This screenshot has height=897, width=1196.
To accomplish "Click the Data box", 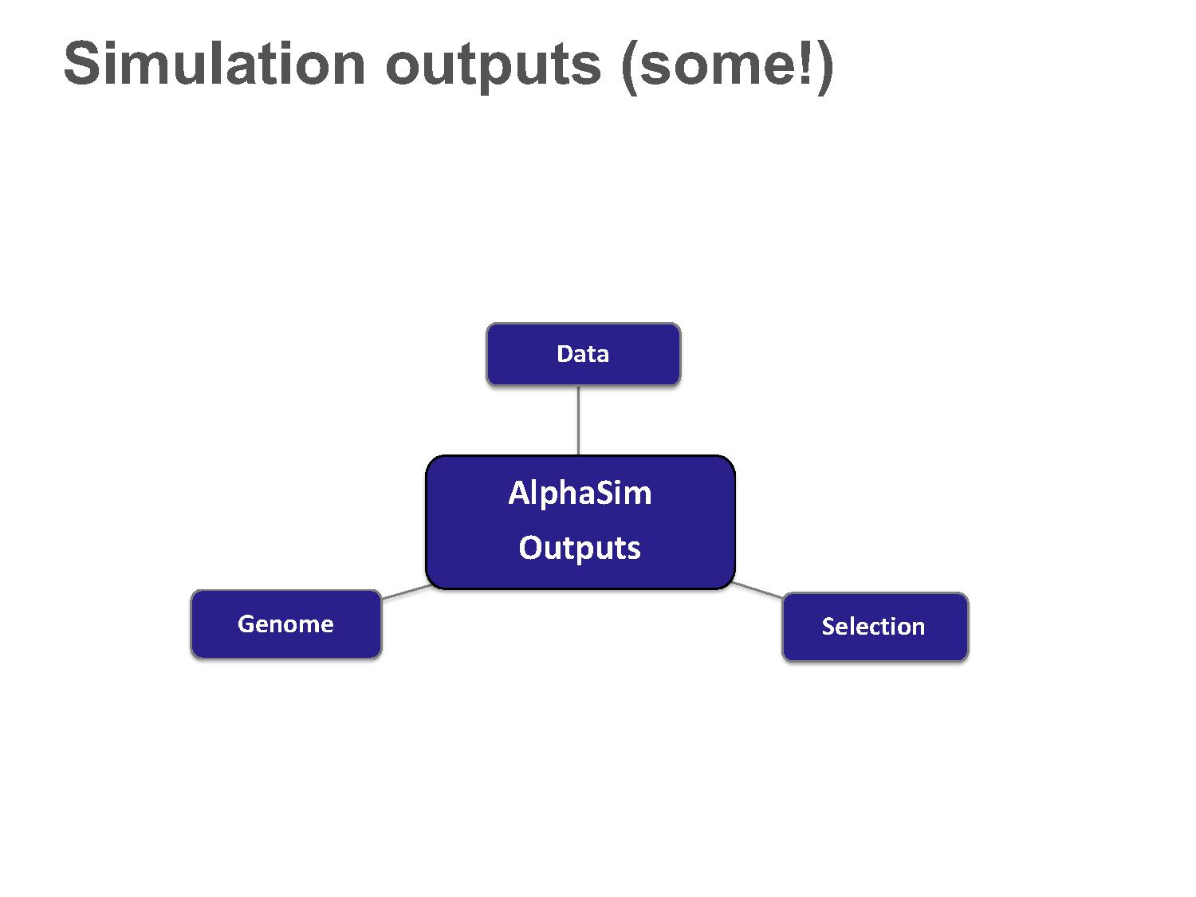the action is coord(583,354).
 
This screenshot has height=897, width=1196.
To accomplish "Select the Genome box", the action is coord(286,624).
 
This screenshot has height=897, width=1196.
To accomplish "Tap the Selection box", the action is coord(875,627).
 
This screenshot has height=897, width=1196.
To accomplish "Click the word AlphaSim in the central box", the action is coord(580,494).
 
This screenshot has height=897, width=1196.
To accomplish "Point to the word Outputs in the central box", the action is coord(580,548).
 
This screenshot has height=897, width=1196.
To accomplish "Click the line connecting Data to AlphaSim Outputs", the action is coord(578,420).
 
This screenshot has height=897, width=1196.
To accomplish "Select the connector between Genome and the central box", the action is coord(407,592).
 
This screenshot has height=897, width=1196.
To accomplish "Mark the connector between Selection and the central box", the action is coord(757,590).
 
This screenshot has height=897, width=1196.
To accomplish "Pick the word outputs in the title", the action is coord(493,68).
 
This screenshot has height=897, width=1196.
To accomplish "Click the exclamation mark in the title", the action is coord(806,64).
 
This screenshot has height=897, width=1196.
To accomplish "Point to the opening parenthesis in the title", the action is coord(628,68).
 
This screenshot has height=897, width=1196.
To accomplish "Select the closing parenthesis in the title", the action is coord(825,68).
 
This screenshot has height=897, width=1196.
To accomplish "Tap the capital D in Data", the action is coord(565,354).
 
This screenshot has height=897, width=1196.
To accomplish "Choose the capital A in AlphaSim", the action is coord(518,493).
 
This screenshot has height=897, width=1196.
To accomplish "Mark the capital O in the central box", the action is coord(531,547).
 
